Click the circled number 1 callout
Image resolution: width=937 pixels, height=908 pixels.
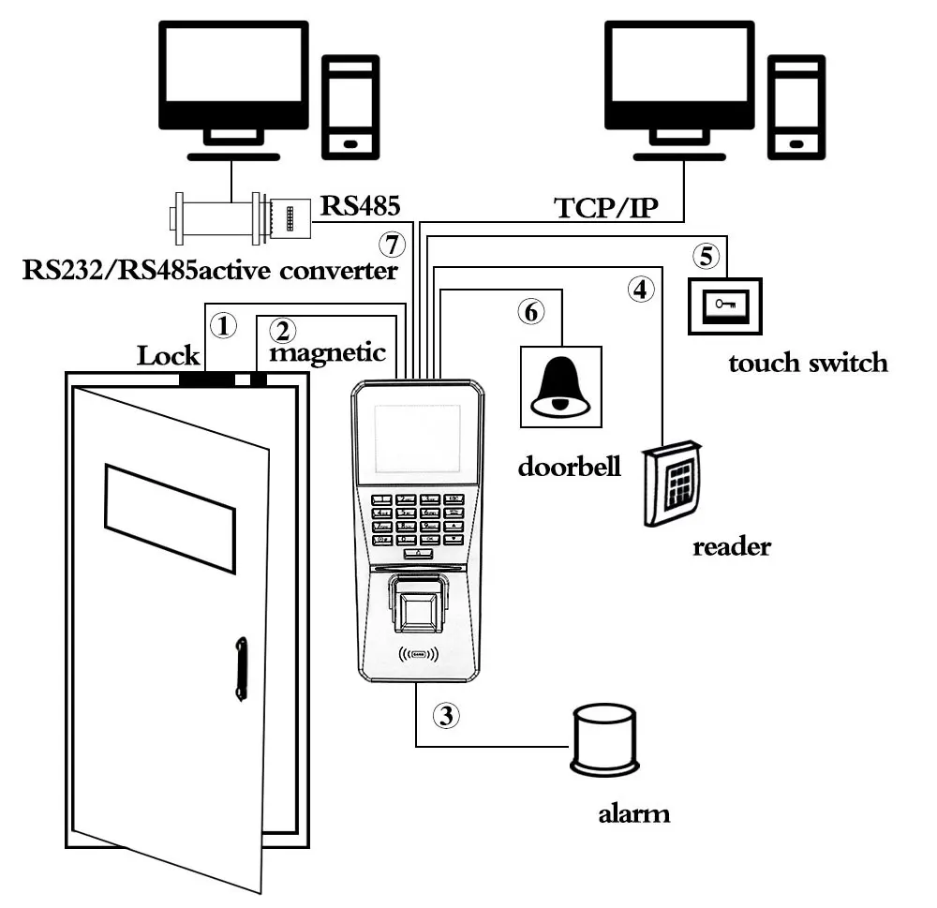click(x=222, y=326)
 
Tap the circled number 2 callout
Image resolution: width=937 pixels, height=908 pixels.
click(x=282, y=330)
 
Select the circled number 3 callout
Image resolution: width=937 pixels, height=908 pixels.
click(x=447, y=716)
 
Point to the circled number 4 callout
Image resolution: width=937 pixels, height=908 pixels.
click(x=640, y=290)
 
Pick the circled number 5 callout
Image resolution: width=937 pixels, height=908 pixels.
click(x=706, y=255)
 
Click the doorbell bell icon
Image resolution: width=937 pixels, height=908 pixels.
click(x=560, y=387)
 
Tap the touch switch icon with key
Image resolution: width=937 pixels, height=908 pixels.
click(x=724, y=305)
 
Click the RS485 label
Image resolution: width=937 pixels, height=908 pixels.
click(x=358, y=204)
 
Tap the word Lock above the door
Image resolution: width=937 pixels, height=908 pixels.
click(x=169, y=355)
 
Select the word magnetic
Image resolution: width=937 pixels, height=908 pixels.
click(x=328, y=353)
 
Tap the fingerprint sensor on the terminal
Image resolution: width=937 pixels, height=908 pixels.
click(x=419, y=608)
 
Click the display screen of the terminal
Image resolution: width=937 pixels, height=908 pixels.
click(x=417, y=439)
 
